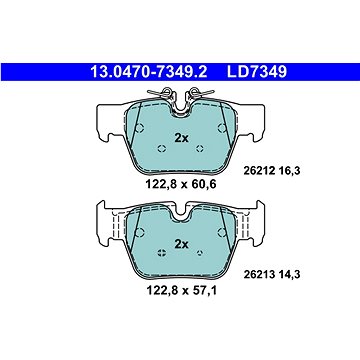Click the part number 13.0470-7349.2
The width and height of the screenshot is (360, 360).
click(149, 72)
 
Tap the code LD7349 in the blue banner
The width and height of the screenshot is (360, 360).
click(257, 72)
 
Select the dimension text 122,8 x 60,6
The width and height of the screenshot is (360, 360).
click(181, 184)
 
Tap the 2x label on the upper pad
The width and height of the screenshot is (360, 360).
click(182, 138)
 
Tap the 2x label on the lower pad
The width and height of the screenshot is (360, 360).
click(182, 244)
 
